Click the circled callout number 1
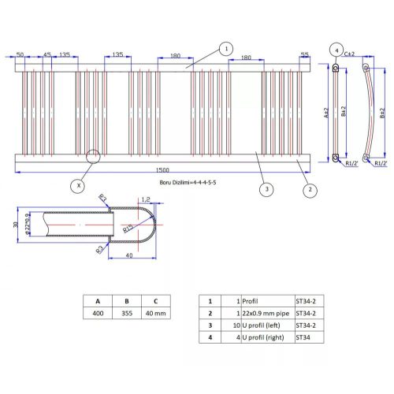tap(226, 48)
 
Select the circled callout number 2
tap(310, 189)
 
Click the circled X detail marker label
tap(77, 186)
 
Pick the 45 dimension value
tap(47, 55)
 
